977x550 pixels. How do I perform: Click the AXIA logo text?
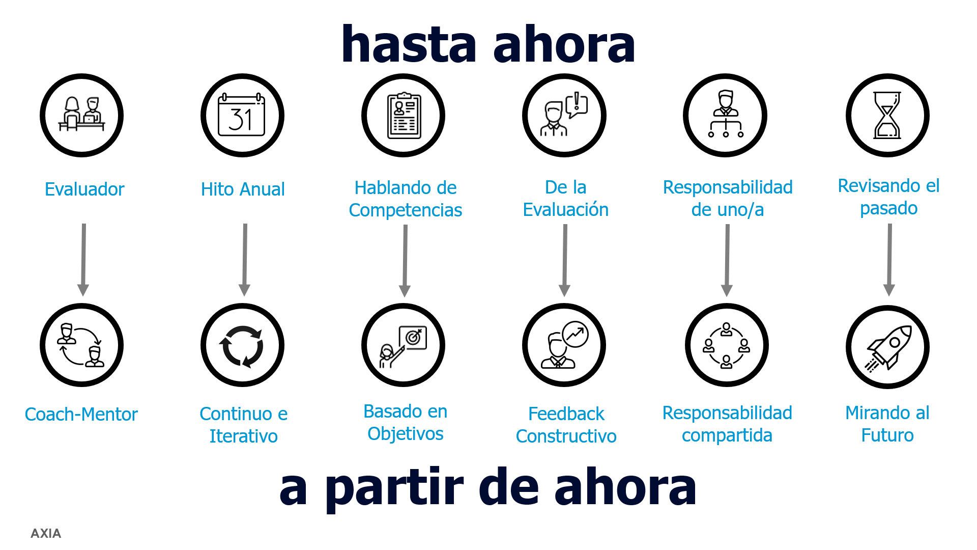(x=46, y=533)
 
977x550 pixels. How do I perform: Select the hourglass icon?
(x=887, y=115)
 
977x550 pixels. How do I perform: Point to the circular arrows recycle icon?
(x=242, y=346)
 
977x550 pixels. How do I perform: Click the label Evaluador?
(x=84, y=189)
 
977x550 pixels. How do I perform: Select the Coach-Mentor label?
(x=81, y=414)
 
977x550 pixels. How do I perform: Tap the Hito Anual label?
(x=243, y=189)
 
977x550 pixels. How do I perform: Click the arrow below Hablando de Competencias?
(x=405, y=261)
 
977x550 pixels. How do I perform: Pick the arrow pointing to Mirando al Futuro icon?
(x=889, y=260)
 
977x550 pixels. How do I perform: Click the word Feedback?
(x=566, y=414)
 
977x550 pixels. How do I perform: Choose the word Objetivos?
(x=406, y=434)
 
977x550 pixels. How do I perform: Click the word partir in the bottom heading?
(x=395, y=488)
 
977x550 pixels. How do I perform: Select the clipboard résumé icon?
(x=404, y=115)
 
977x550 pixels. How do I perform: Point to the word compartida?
(x=727, y=436)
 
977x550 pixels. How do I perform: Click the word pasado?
(x=889, y=208)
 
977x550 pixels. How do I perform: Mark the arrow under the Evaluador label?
(x=83, y=260)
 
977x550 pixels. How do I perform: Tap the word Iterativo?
(x=244, y=436)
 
